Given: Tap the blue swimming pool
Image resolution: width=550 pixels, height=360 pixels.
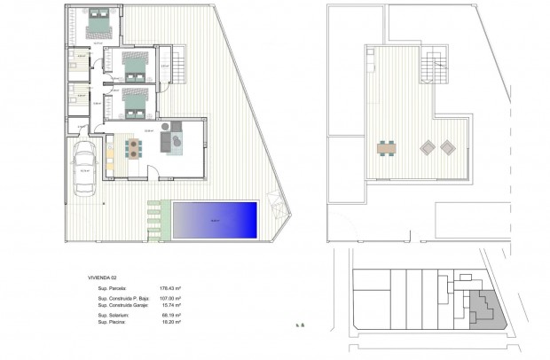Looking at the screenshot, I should tap(215, 218).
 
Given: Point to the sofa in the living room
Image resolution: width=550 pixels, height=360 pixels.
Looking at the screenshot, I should tap(167, 141).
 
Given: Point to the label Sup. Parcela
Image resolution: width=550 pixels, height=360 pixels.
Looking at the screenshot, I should tap(113, 289).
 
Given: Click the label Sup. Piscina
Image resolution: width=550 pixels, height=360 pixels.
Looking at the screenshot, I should tap(112, 323).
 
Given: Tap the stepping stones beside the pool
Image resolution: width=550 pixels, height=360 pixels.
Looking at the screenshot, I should tap(156, 219).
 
